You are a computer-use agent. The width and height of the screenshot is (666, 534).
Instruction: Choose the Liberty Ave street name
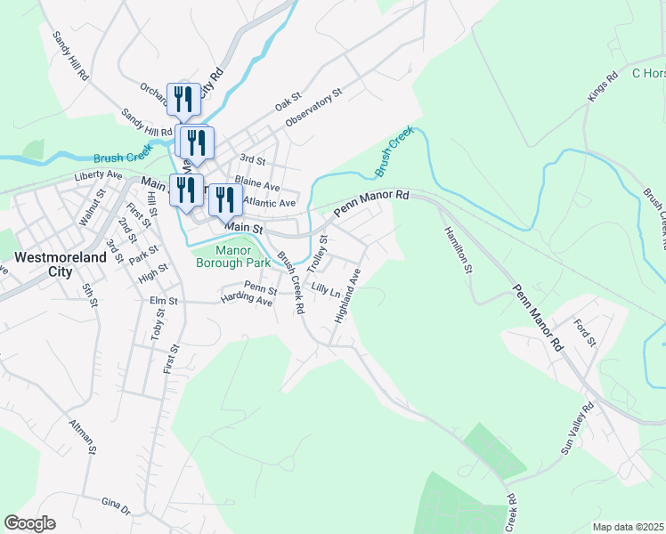pyautogui.click(x=98, y=175)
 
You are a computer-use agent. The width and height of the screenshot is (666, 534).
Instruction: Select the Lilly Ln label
pyautogui.click(x=326, y=289)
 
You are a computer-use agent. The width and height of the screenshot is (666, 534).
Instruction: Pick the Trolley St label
pyautogui.click(x=317, y=254)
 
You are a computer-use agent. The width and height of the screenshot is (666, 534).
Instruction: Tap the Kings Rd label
pyautogui.click(x=603, y=87)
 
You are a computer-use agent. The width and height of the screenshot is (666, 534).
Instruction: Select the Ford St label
pyautogui.click(x=584, y=333)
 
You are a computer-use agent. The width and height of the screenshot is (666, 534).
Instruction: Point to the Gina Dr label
pyautogui.click(x=116, y=507)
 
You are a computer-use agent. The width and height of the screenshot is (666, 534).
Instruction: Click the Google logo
pyautogui.click(x=29, y=522)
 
